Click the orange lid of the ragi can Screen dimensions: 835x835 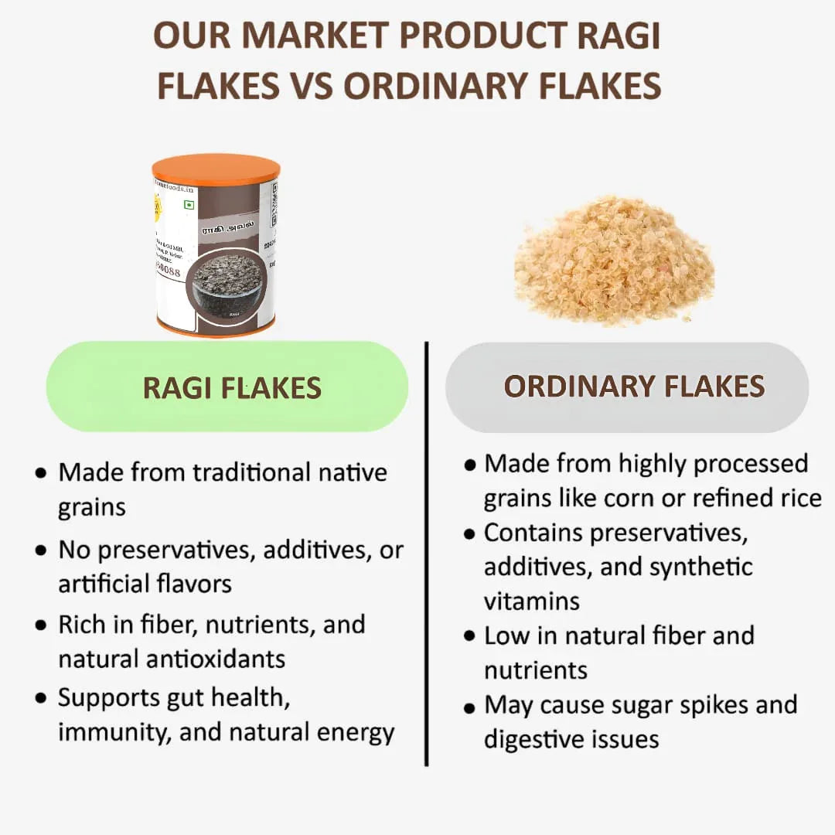point(216,169)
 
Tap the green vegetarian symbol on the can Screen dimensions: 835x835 point(188,205)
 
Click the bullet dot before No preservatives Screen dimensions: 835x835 point(41,552)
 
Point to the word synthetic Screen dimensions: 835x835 point(700,567)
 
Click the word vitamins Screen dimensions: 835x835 point(532,601)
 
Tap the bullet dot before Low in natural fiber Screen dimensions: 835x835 point(469,636)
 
